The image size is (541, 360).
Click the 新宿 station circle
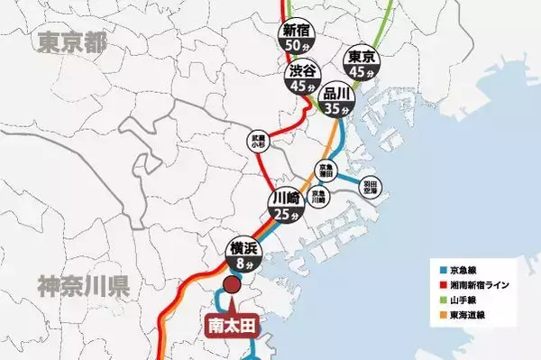click(x=297, y=36)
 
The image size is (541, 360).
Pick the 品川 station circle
click(x=336, y=100)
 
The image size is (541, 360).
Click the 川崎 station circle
click(x=284, y=207)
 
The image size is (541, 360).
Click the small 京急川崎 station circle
click(x=317, y=195)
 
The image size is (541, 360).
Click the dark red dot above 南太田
click(x=231, y=286)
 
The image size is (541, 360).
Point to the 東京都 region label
click(x=69, y=42)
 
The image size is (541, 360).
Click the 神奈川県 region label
click(x=84, y=287)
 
